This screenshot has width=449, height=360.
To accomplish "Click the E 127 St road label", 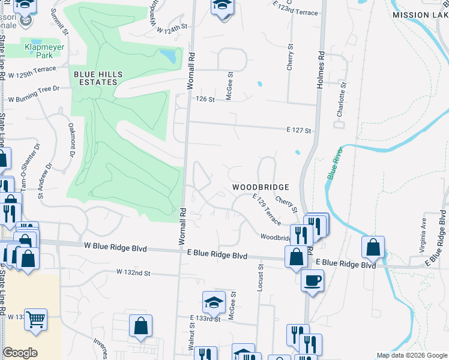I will click(298, 130).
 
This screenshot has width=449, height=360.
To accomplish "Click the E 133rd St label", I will click(205, 319).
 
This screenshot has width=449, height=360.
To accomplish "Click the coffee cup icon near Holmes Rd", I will click(312, 280).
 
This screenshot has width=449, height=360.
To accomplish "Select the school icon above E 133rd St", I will click(214, 303).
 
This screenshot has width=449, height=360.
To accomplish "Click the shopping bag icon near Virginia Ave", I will click(373, 246).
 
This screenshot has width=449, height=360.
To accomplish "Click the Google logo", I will click(20, 353).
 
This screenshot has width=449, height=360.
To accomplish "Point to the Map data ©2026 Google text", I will click(412, 355).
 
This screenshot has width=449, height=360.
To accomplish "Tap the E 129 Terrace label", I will click(267, 209).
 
